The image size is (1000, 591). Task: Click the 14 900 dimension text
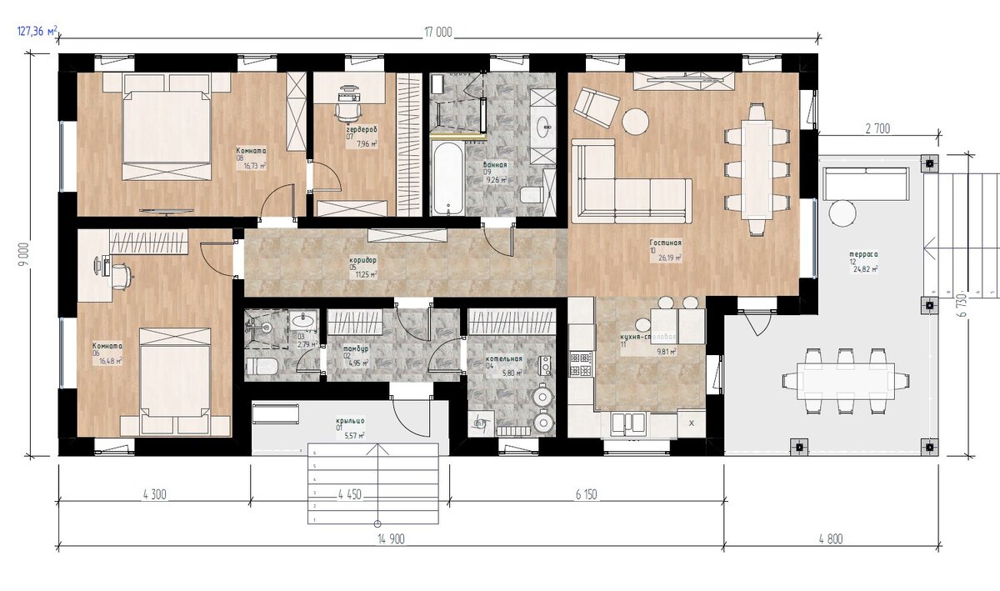click(x=390, y=540)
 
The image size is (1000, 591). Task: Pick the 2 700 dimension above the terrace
click(x=878, y=128)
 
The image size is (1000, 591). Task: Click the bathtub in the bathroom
click(x=447, y=179)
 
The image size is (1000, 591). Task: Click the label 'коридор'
click(x=362, y=260)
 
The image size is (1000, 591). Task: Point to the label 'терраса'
click(x=864, y=254)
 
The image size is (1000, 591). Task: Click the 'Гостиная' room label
click(x=666, y=243)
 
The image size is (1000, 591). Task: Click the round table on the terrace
click(x=842, y=213)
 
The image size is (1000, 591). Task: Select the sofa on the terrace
click(x=866, y=183)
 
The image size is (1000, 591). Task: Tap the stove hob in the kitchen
click(x=580, y=363)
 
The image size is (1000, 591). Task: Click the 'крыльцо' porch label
click(x=351, y=423)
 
